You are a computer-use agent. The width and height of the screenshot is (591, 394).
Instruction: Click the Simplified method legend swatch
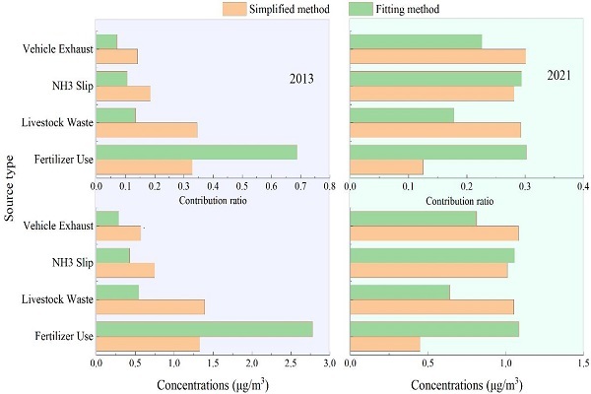tap(234, 9)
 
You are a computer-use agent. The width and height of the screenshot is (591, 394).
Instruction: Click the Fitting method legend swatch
tap(361, 9)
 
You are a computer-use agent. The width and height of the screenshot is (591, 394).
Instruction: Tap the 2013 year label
tap(301, 79)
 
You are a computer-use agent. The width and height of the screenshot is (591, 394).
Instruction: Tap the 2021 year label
tap(558, 76)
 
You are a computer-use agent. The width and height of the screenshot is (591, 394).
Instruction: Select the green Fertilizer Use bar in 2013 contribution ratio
tap(197, 153)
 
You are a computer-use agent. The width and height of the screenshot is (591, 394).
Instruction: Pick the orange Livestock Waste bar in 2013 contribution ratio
tap(147, 130)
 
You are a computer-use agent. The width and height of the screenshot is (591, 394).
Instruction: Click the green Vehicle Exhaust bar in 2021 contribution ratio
tap(416, 41)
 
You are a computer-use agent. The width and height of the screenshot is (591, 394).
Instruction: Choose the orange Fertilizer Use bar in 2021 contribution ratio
tap(387, 167)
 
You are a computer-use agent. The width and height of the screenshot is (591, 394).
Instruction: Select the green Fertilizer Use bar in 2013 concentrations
tap(205, 329)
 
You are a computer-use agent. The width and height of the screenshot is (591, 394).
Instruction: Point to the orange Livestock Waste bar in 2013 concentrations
tap(151, 307)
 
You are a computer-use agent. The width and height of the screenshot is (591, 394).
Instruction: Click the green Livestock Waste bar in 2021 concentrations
tap(400, 293)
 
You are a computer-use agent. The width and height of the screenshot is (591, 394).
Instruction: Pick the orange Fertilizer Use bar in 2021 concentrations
tap(385, 344)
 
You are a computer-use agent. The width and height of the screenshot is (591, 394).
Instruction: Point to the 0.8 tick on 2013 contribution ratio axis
tap(329, 186)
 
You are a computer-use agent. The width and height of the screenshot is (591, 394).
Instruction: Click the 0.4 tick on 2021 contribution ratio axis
tap(583, 186)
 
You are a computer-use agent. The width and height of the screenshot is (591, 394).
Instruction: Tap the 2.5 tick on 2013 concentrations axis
tap(291, 363)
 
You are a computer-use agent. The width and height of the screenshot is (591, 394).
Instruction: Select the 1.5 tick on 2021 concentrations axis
tap(583, 363)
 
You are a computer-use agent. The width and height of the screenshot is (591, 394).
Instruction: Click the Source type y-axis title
tap(9, 188)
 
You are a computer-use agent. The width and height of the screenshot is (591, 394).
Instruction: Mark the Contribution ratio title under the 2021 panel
tap(459, 201)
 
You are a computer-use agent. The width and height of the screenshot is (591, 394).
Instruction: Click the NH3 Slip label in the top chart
tap(72, 86)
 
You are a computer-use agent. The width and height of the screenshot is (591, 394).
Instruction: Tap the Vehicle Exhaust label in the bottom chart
tap(58, 226)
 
